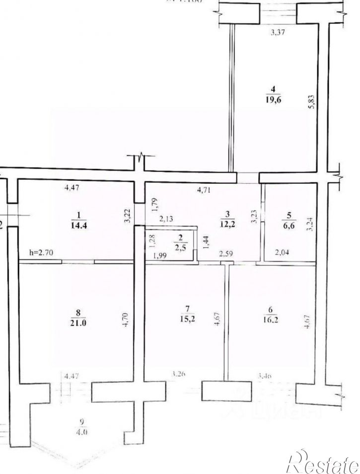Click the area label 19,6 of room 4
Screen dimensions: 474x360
[273, 98]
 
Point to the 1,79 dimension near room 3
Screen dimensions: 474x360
[153, 204]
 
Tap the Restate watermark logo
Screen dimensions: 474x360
[323, 461]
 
